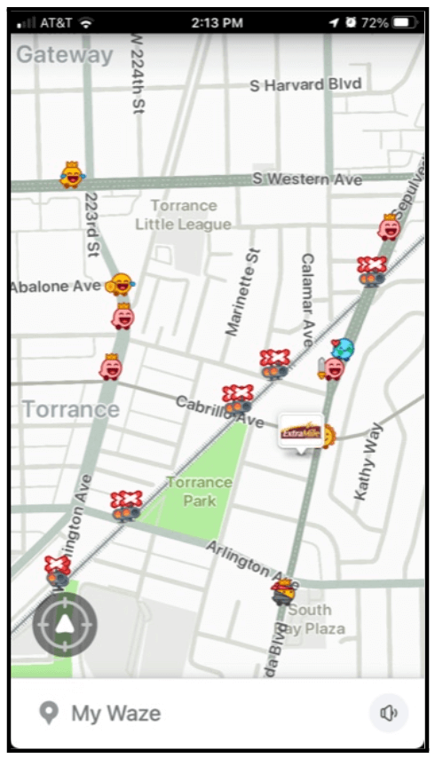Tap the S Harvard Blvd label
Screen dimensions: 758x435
[304, 85]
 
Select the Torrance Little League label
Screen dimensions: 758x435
[183, 216]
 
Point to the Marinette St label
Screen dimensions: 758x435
[242, 292]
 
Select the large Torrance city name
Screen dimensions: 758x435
[70, 409]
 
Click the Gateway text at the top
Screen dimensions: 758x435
[65, 55]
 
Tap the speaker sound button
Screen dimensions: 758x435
[388, 713]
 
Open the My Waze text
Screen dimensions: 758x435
[115, 713]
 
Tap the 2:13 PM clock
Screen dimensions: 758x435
[217, 21]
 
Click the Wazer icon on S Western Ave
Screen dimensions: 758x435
[71, 175]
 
